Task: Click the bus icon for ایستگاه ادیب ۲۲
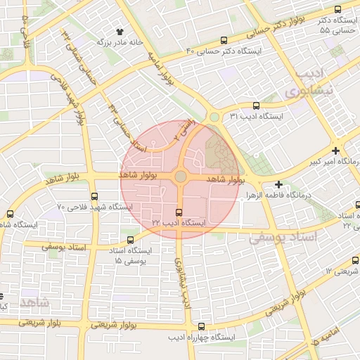pyautogui.click(x=179, y=212)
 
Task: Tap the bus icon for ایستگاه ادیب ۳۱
pyautogui.click(x=255, y=105)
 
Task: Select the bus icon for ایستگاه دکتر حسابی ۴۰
pyautogui.click(x=224, y=41)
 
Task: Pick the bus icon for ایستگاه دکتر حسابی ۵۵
pyautogui.click(x=337, y=10)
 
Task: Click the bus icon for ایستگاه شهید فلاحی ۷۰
pyautogui.click(x=94, y=197)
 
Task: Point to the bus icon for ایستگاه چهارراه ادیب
pyautogui.click(x=202, y=326)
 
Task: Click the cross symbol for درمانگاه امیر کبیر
pyautogui.click(x=336, y=151)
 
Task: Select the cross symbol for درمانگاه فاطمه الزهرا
pyautogui.click(x=278, y=184)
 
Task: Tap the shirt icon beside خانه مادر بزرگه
pyautogui.click(x=119, y=32)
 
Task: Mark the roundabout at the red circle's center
pyautogui.click(x=180, y=176)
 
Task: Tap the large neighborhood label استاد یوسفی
pyautogui.click(x=283, y=238)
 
